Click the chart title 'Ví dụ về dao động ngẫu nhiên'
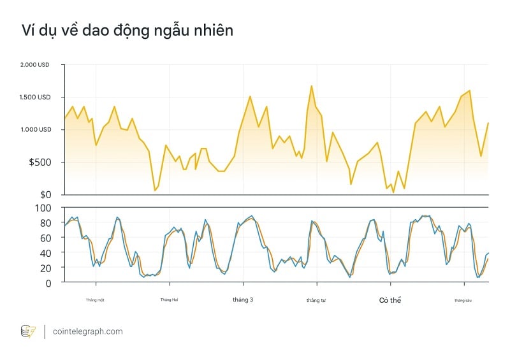pos(127,30)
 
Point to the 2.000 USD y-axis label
pos(35,65)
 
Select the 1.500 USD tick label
pos(35,97)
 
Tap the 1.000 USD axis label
pos(35,130)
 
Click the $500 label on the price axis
pos(40,162)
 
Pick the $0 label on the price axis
pos(45,194)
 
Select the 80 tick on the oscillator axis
pos(45,223)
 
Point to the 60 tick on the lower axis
pos(45,238)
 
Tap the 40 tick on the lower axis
pos(45,253)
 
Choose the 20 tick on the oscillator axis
pos(45,268)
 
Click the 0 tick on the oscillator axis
pos(47,282)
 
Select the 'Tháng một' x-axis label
pos(95,299)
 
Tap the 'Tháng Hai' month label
pos(169,299)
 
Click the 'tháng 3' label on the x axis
pos(243,299)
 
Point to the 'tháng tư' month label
pos(316,300)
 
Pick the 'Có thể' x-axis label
pos(390,299)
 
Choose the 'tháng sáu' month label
pos(463,299)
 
